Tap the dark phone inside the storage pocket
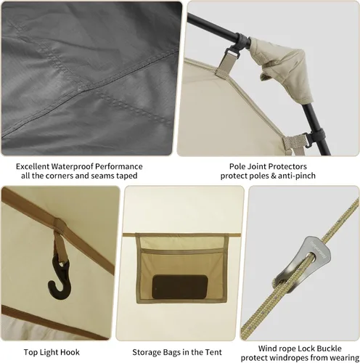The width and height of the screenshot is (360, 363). [180, 287]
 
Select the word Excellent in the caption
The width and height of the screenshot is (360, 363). [33, 166]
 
